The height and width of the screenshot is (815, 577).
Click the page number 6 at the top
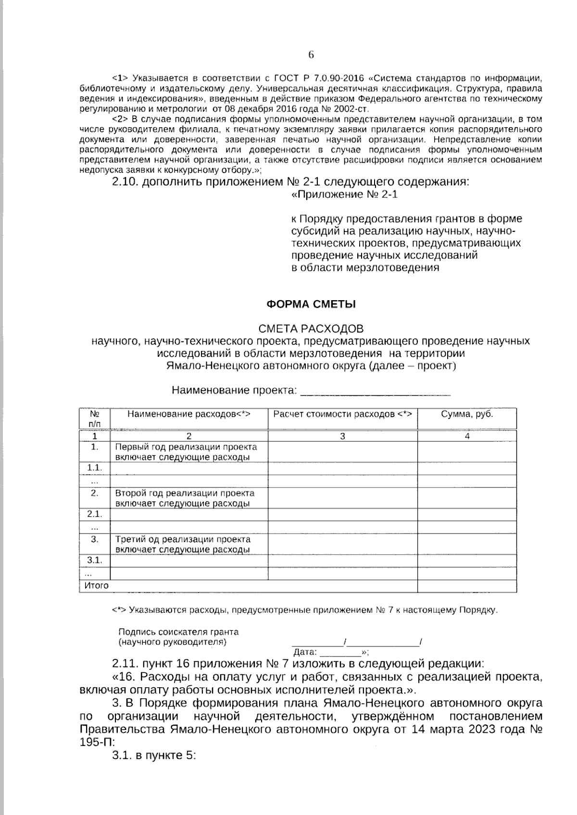pos(311,55)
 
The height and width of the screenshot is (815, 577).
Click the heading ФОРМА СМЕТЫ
pos(311,304)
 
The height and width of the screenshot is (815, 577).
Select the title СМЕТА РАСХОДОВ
pos(311,328)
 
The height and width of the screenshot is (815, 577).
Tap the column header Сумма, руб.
pos(467,414)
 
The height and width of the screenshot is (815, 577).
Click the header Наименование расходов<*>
pos(189,414)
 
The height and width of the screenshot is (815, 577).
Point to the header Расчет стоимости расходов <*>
pos(342,414)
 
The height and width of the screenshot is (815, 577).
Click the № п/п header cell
pos(95,419)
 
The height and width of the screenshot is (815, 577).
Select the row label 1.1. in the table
pos(95,468)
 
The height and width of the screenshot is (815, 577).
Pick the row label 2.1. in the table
pos(95,514)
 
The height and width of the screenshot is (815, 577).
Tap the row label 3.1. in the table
pos(95,560)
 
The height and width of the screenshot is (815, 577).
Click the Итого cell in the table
pos(97,585)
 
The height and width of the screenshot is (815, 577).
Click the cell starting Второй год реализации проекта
pos(185,498)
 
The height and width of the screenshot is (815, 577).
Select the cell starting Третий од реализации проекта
pos(183,544)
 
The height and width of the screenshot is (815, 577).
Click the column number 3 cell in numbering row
pos(342,436)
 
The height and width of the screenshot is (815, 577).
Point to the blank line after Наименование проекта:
pos(375,391)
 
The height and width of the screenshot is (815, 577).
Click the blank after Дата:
pos(340,652)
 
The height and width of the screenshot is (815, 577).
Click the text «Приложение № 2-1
pos(345,195)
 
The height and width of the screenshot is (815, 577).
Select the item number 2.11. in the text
pos(125,664)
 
